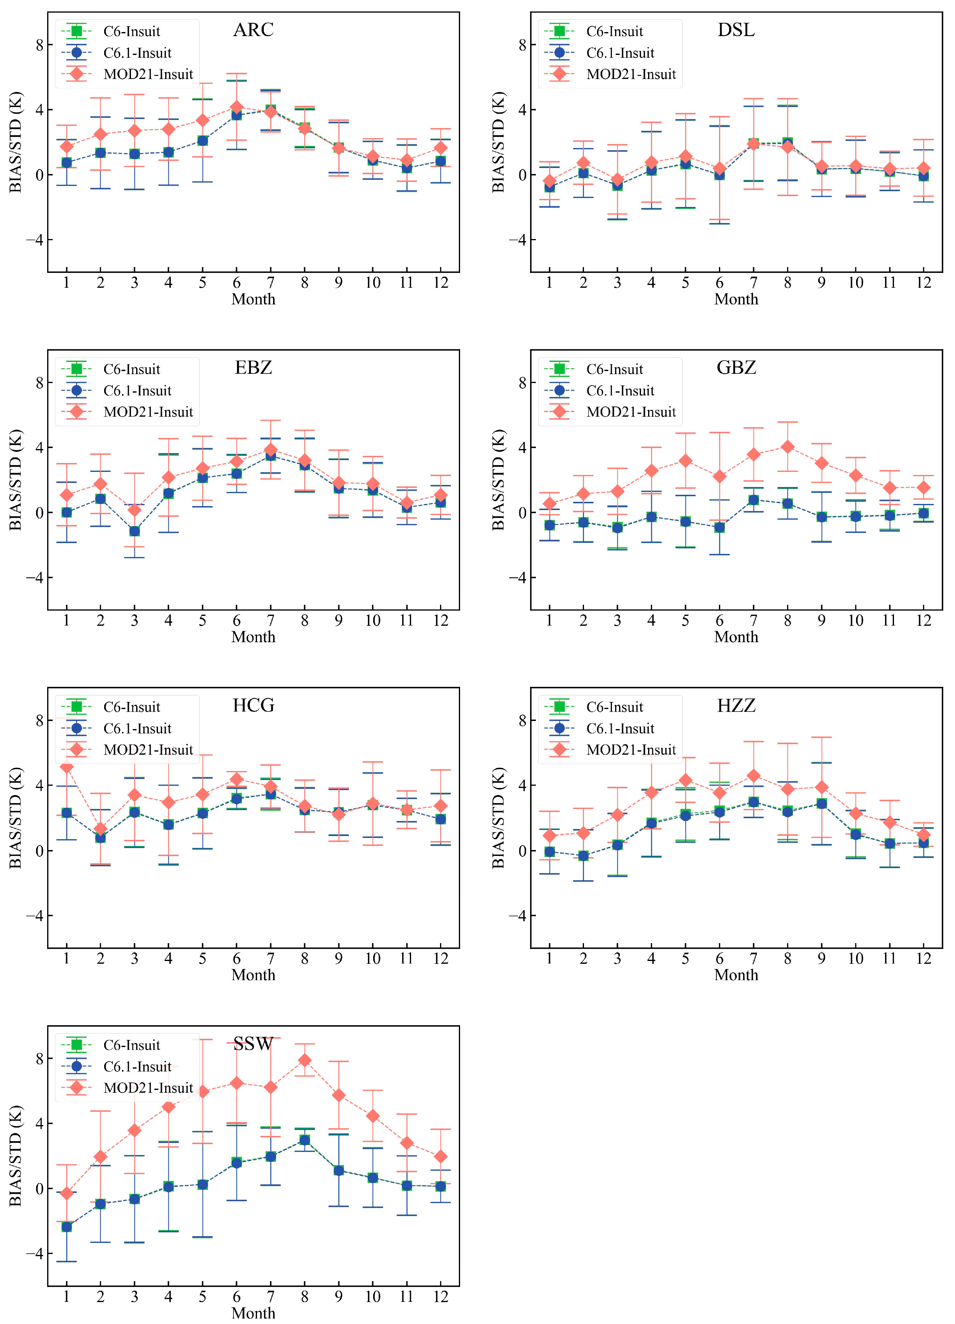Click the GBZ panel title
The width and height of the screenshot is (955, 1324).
[x=736, y=368]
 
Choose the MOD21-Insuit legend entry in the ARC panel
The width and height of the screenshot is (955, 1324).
[x=127, y=74]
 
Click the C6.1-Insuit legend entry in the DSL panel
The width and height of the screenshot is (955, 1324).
[x=600, y=53]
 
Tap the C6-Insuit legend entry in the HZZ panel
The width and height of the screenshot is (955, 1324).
[x=594, y=707]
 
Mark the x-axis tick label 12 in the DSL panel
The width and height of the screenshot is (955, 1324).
[x=924, y=283]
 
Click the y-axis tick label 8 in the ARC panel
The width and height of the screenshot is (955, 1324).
[x=40, y=45]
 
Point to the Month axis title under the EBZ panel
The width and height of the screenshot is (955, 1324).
[x=253, y=637]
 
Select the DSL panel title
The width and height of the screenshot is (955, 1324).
[x=736, y=30]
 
